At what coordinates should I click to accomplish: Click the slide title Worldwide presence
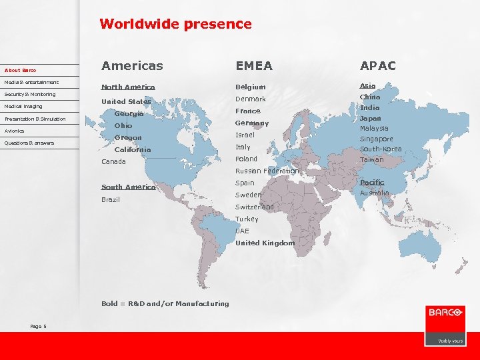tap(175, 24)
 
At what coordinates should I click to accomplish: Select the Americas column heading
tap(132, 65)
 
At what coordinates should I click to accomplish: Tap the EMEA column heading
tap(254, 65)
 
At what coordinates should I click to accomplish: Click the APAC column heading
tap(378, 65)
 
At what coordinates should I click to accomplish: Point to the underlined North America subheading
tap(128, 87)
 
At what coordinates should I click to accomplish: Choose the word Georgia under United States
tap(129, 114)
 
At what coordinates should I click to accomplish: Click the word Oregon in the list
tap(128, 138)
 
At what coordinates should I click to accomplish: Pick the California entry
tap(133, 150)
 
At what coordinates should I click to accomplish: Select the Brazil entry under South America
tap(111, 199)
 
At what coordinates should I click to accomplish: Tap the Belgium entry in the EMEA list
tap(250, 87)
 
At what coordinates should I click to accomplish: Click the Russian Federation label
tap(267, 171)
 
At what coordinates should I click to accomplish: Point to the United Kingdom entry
tap(265, 243)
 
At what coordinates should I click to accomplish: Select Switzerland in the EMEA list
tap(254, 207)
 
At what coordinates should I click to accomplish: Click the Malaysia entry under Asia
tap(374, 128)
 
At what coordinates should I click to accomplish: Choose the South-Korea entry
tap(381, 149)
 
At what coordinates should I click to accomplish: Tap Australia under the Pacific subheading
tap(375, 193)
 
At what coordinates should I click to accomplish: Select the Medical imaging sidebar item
tap(23, 107)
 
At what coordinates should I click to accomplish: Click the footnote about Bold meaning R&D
tap(165, 304)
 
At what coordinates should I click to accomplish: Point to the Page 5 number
tap(38, 326)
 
